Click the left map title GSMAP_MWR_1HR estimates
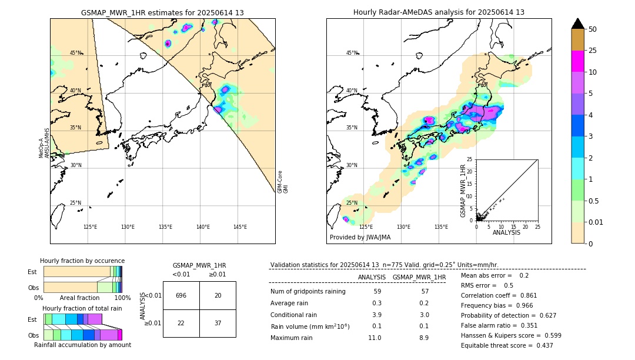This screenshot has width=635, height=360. point(162,12)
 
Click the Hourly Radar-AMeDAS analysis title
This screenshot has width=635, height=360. point(439,12)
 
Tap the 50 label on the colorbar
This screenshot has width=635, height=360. point(593,29)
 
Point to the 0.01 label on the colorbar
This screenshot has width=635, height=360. point(596,222)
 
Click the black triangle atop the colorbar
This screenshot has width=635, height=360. point(578,24)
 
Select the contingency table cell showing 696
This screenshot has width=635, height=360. point(181,295)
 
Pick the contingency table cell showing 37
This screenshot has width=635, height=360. point(218,323)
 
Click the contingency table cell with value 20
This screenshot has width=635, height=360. point(218,295)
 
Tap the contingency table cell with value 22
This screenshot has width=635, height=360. point(181,323)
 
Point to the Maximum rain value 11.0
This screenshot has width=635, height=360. point(374,338)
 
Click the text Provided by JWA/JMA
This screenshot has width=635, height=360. point(360,237)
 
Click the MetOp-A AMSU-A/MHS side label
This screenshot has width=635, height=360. point(45,144)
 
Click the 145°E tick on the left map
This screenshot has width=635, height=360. point(240,227)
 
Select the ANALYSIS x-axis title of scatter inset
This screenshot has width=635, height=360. point(506,232)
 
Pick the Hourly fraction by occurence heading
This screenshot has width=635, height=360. point(82,261)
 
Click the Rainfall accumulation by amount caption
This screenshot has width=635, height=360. point(82,345)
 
